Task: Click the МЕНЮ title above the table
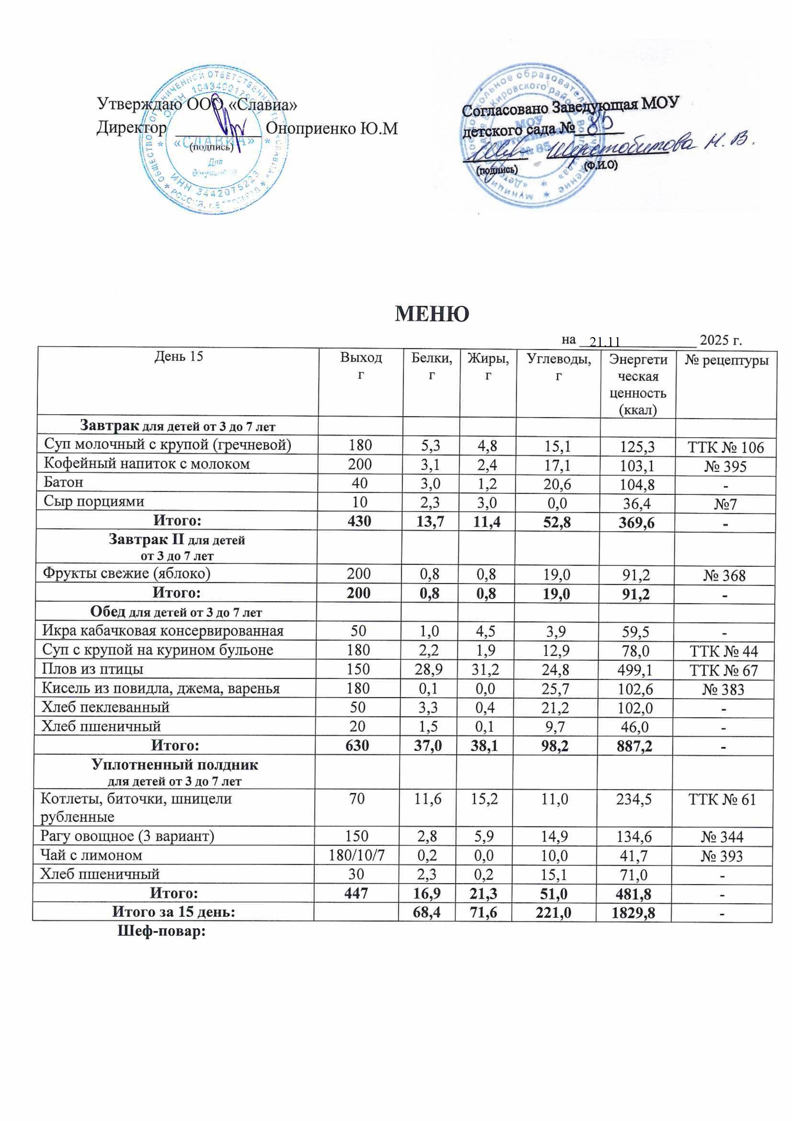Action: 431,314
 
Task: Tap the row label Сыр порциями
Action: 94,501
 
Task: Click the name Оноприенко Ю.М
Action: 332,128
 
